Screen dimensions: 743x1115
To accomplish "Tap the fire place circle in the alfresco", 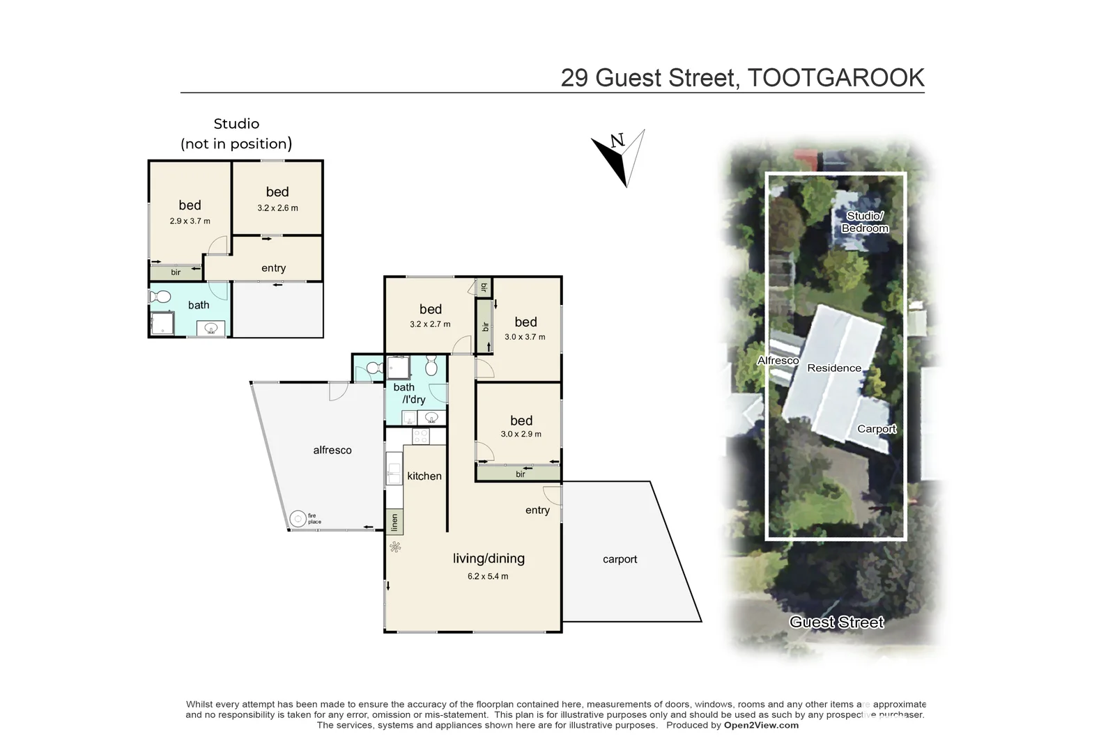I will pyautogui.click(x=298, y=519).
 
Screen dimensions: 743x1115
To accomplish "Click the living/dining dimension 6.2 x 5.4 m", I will pyautogui.click(x=488, y=577).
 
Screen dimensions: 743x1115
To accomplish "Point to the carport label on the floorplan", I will pyautogui.click(x=620, y=559).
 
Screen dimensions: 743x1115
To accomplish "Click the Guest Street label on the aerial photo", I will pyautogui.click(x=836, y=623).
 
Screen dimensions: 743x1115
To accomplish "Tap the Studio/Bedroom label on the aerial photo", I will pyautogui.click(x=864, y=222).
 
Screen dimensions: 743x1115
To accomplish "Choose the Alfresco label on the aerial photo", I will pyautogui.click(x=778, y=361).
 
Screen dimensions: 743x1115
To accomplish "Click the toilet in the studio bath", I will pyautogui.click(x=160, y=297).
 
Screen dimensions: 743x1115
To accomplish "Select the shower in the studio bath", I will pyautogui.click(x=162, y=323).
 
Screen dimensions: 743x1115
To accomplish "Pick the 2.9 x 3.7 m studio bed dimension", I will pyautogui.click(x=190, y=221).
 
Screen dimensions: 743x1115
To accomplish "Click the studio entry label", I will pyautogui.click(x=273, y=268).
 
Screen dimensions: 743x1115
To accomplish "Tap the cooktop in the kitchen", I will pyautogui.click(x=420, y=437).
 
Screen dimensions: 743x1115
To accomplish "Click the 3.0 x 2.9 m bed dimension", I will pyautogui.click(x=521, y=434).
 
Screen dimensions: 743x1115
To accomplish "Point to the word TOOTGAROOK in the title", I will pyautogui.click(x=836, y=77).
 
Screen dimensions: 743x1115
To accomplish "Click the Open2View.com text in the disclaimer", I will pyautogui.click(x=761, y=725).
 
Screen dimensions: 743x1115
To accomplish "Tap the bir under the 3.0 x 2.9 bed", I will pyautogui.click(x=520, y=474).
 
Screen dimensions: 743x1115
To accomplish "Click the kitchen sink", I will pyautogui.click(x=394, y=469).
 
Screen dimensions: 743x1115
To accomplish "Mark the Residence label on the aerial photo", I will pyautogui.click(x=833, y=368).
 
